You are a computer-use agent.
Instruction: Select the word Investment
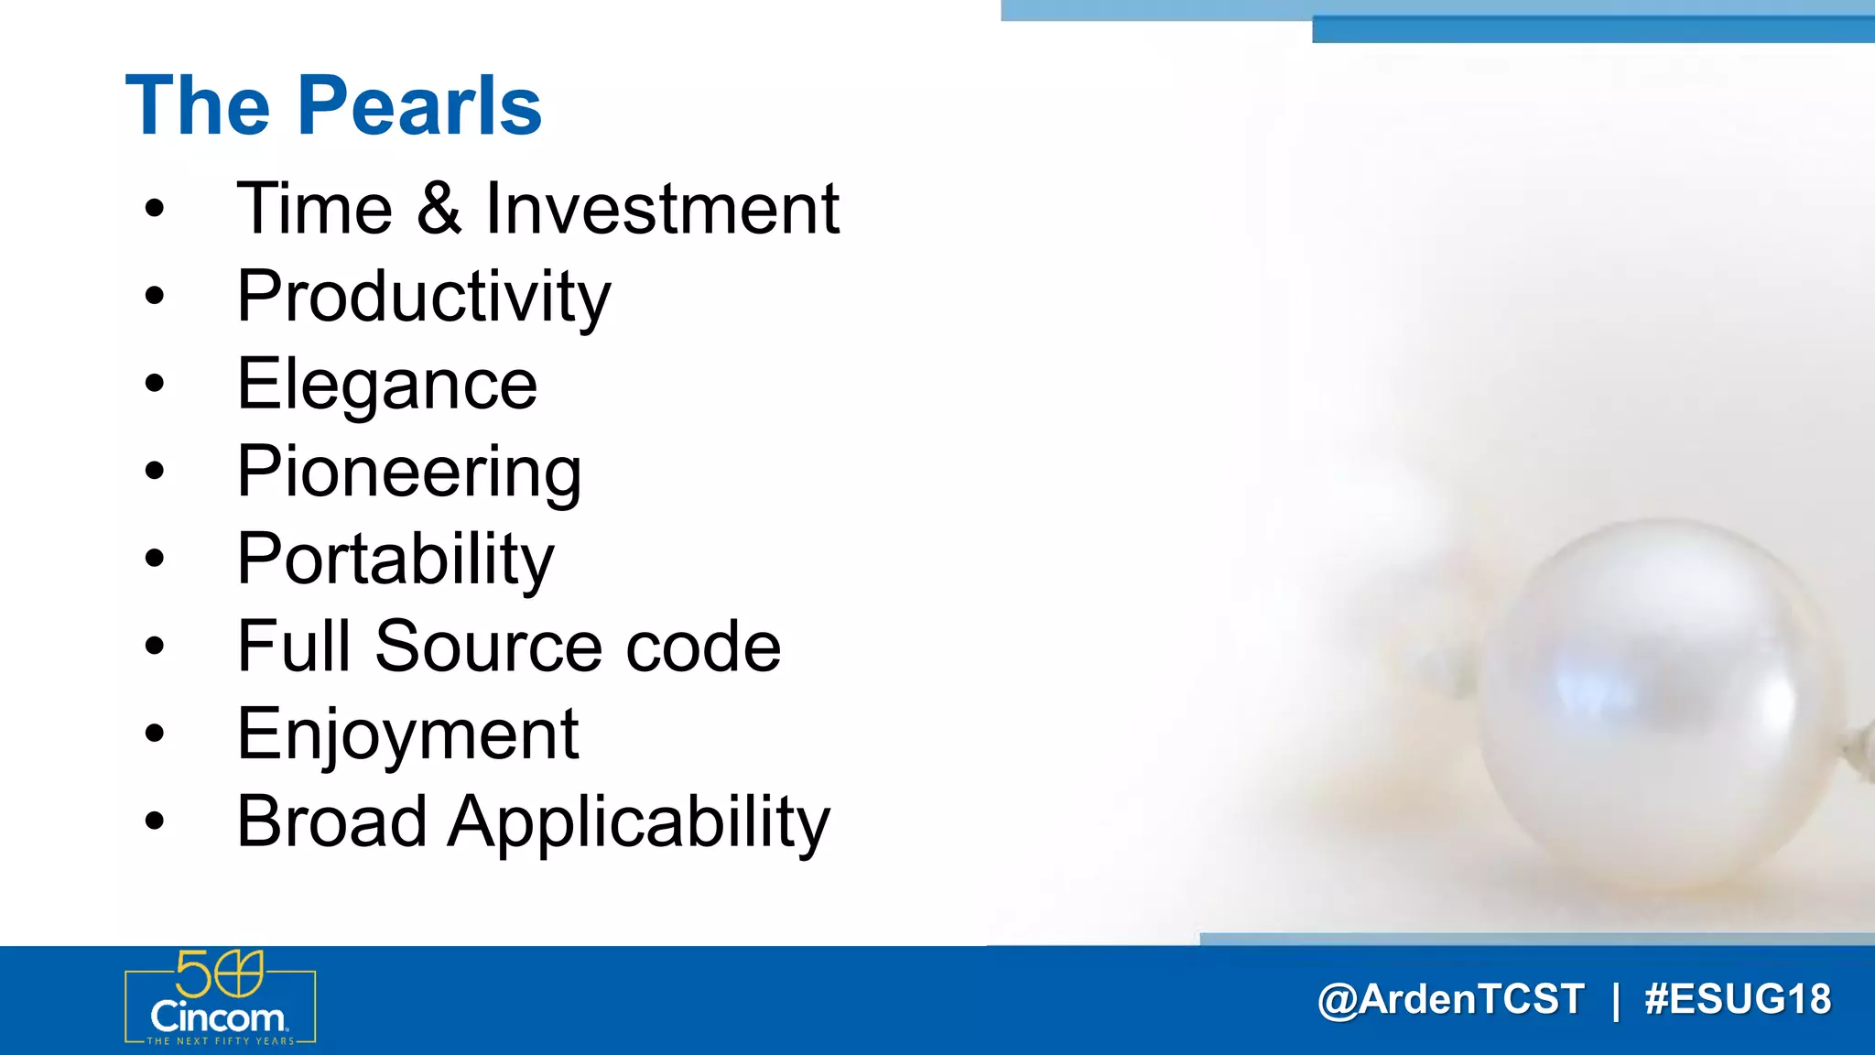661,209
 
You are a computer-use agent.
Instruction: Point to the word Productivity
423,298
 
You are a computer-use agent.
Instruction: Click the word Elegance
386,385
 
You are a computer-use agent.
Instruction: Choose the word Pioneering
408,473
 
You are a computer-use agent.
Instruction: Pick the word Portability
395,560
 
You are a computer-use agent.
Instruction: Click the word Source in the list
488,647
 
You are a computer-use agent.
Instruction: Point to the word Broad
331,821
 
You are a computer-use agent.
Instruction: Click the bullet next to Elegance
155,384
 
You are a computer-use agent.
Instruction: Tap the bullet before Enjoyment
155,734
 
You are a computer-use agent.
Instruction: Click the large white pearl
1657,705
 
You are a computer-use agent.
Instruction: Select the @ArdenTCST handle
1450,999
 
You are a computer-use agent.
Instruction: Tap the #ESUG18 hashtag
1737,999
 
